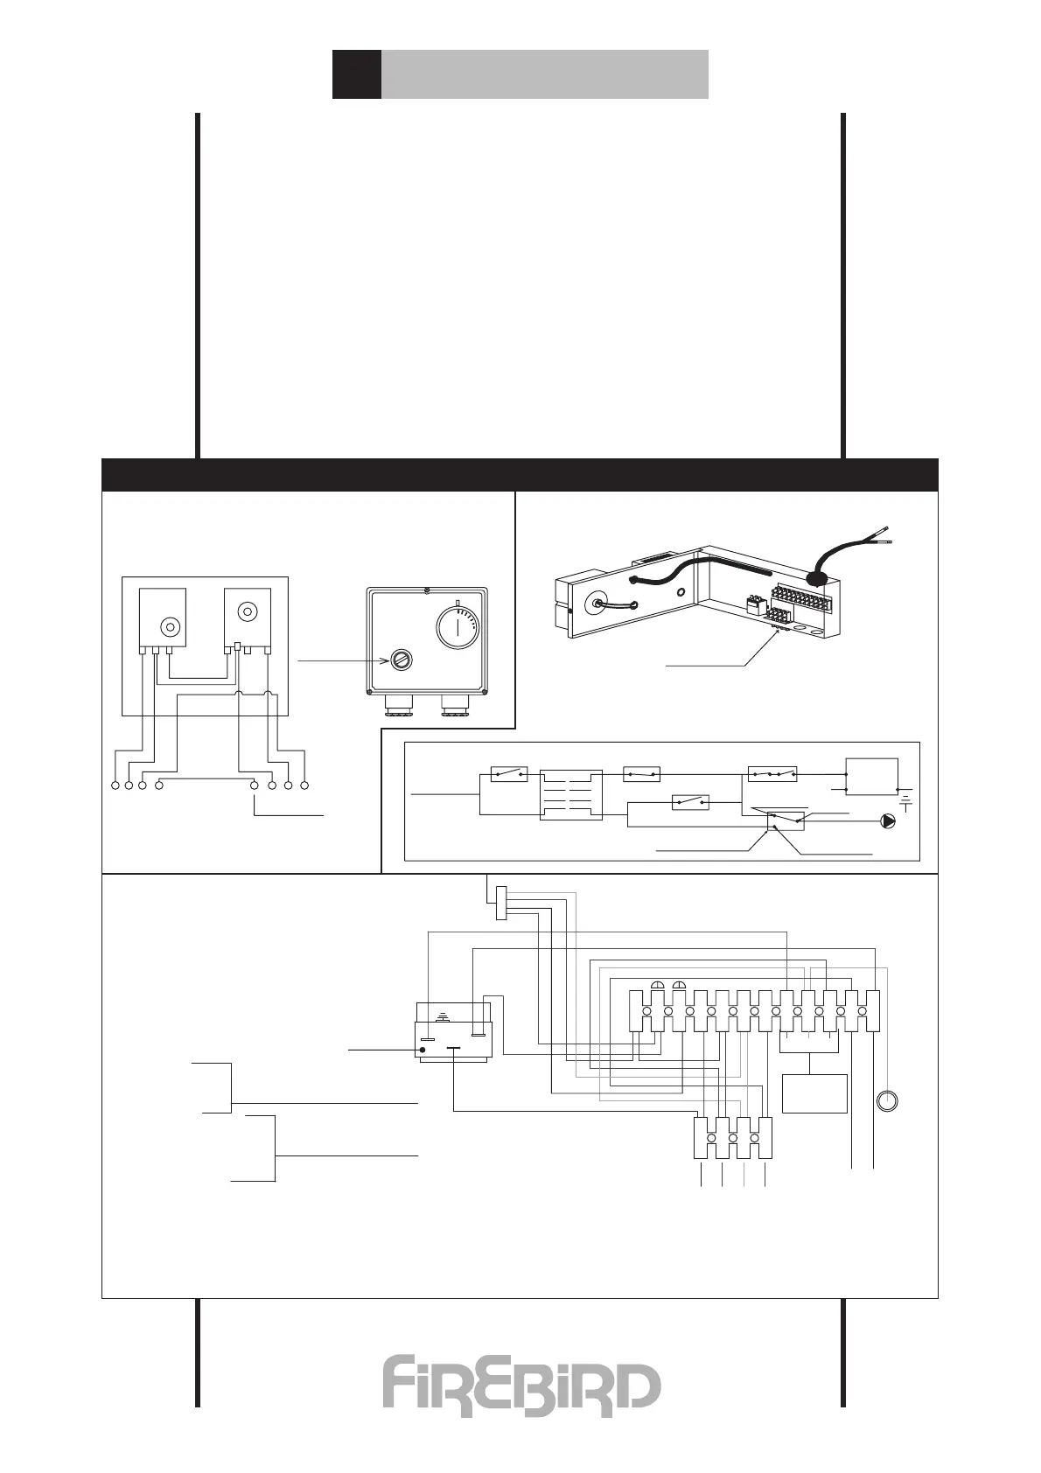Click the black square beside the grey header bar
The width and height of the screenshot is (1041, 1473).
click(x=356, y=73)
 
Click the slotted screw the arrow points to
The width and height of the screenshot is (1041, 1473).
click(x=400, y=660)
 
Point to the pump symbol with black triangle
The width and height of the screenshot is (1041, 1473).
click(x=889, y=821)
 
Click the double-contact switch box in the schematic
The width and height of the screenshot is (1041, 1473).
click(x=773, y=774)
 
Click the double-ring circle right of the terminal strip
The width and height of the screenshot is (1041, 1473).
click(x=888, y=1100)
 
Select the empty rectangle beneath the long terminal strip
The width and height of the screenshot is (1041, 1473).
click(x=814, y=1093)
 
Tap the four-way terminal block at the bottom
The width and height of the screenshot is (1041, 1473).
click(x=733, y=1138)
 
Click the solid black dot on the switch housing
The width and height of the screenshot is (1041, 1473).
click(x=423, y=1050)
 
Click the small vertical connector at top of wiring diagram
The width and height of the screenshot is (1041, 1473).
click(x=500, y=903)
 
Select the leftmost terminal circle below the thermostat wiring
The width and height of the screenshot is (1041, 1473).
click(x=116, y=785)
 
